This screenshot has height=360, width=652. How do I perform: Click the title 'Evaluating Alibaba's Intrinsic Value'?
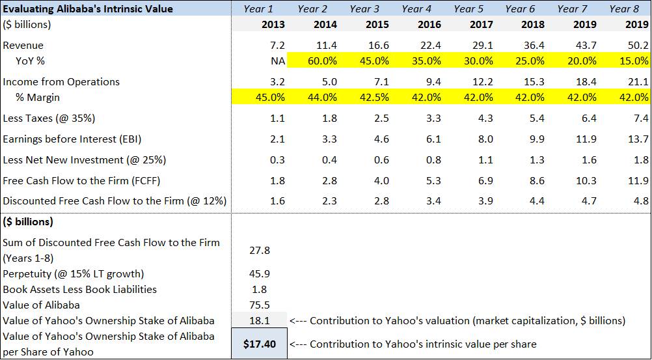pos(88,8)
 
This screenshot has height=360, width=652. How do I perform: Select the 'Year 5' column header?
pos(469,8)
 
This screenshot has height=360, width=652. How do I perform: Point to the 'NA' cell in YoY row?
pos(277,61)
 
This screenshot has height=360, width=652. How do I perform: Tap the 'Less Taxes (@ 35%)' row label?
pos(52,118)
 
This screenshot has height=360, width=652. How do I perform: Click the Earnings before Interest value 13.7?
pos(640,139)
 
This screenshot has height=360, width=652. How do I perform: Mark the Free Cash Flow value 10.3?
pos(588,180)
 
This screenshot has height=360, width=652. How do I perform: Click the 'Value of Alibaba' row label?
pos(41,305)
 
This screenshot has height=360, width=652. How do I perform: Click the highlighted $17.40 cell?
pos(259,344)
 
